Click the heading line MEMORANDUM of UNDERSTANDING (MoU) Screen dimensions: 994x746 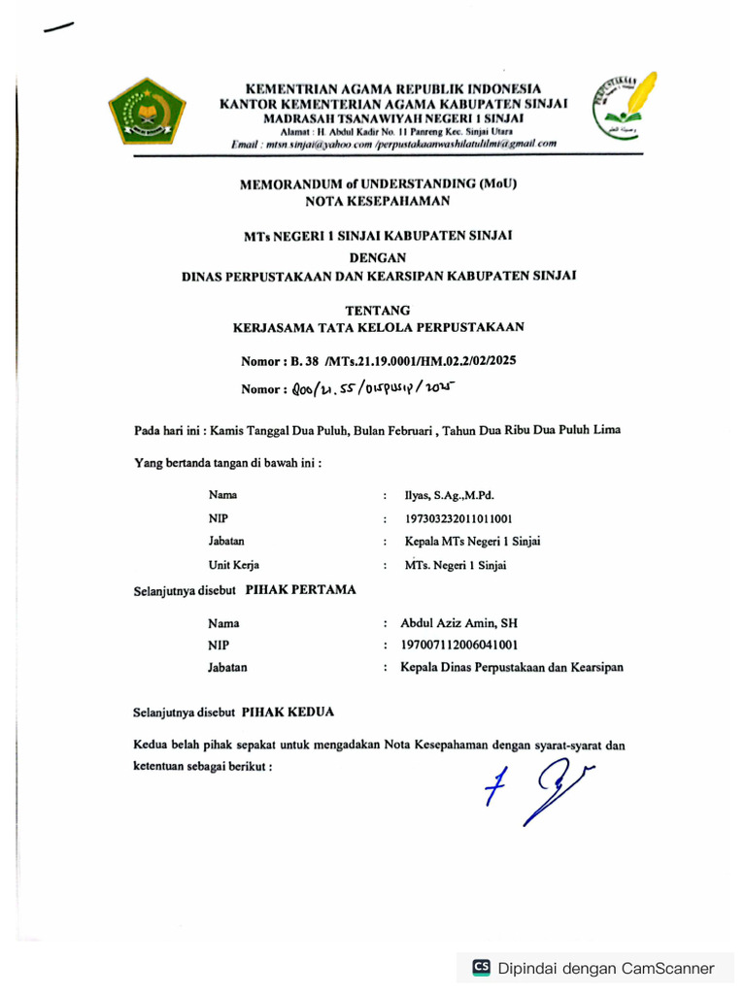point(378,183)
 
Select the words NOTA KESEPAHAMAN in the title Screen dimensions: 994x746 point(378,202)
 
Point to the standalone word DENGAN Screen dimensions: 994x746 point(378,257)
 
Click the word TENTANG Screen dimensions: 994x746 point(378,310)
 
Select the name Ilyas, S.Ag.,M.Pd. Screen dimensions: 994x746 point(450,495)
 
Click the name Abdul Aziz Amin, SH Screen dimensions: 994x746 point(458,623)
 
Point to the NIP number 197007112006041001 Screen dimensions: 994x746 point(459,646)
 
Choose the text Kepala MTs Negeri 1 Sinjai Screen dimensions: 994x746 point(472,541)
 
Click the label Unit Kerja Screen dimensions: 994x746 point(233,564)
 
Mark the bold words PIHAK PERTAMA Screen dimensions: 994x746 point(300,589)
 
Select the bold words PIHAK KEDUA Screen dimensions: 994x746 point(288,712)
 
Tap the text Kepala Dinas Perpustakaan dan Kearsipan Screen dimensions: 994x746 point(512,668)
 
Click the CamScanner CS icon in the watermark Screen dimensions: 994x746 point(481,967)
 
